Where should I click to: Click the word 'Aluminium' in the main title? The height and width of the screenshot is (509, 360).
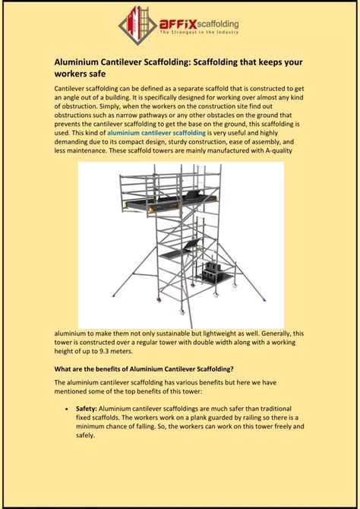point(81,63)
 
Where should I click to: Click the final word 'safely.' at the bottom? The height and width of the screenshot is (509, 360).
point(86,435)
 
